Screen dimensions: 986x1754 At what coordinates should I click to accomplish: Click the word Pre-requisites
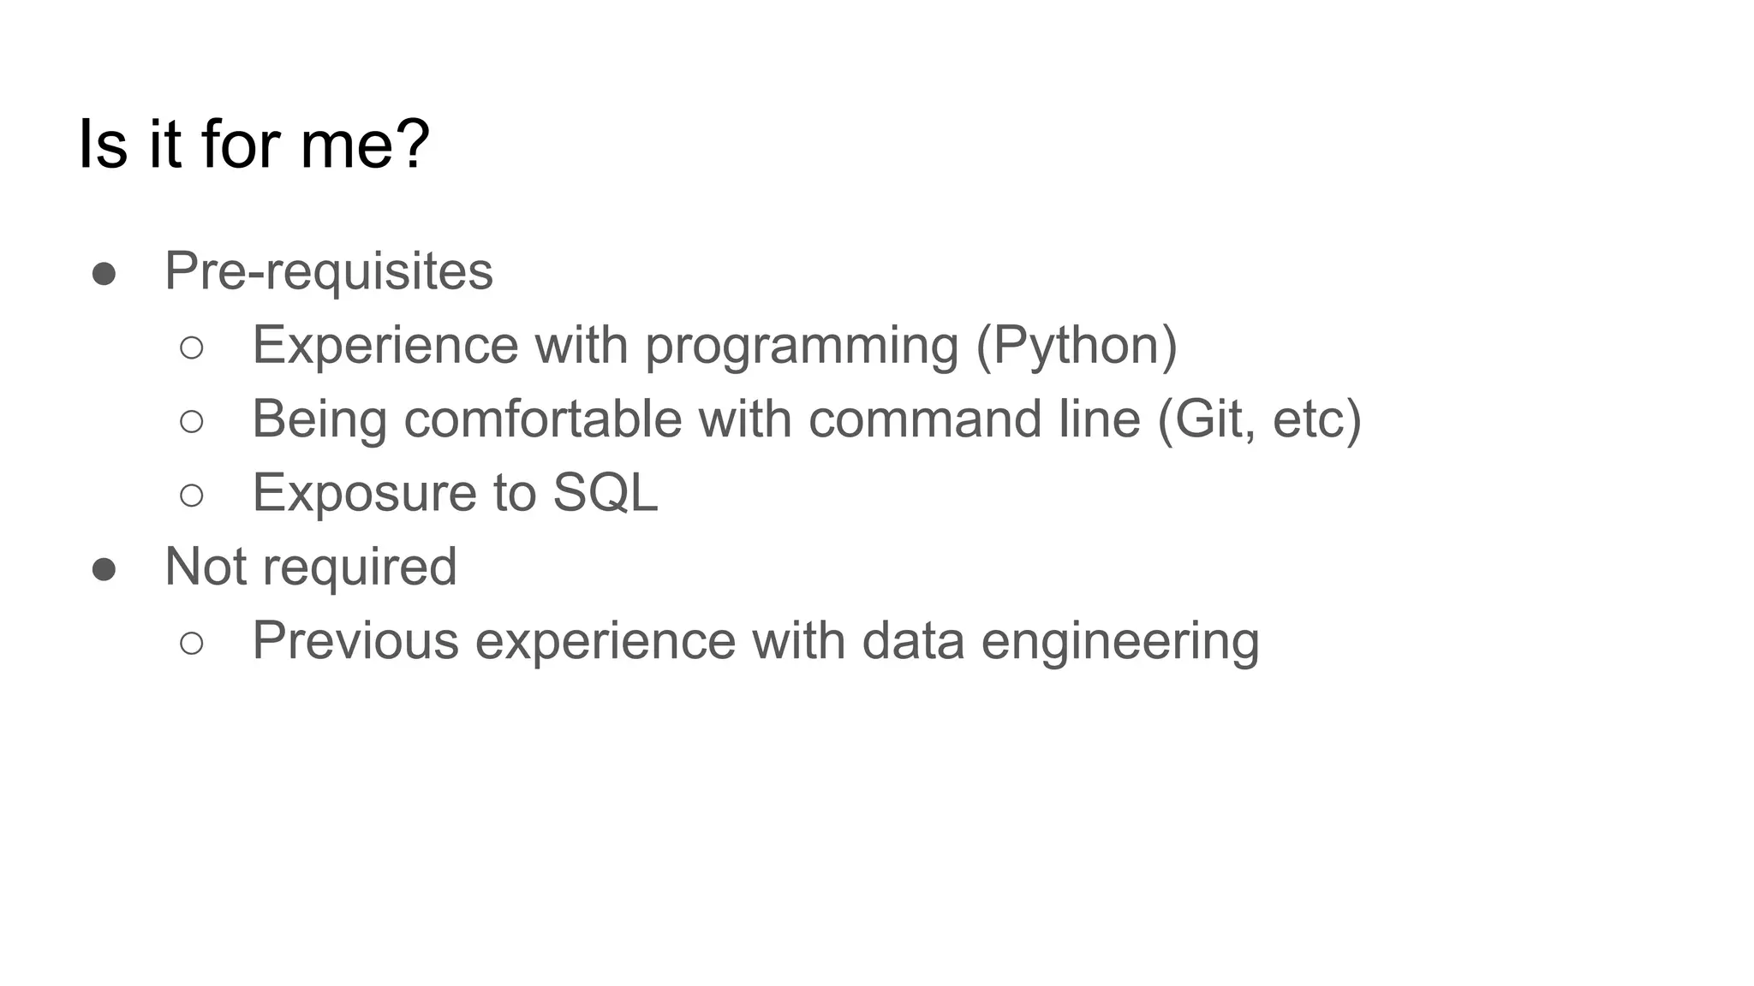click(328, 271)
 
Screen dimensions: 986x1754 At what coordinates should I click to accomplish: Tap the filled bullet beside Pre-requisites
click(104, 274)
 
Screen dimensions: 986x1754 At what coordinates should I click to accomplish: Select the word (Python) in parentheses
click(1077, 346)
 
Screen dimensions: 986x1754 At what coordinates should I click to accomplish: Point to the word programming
click(801, 346)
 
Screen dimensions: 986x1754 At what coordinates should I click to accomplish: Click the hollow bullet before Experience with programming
click(192, 347)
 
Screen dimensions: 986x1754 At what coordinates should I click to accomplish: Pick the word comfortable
click(543, 419)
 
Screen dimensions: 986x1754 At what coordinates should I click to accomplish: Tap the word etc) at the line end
click(1316, 419)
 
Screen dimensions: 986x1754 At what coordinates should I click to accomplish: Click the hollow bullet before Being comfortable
click(192, 421)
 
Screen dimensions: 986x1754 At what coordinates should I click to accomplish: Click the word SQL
click(605, 492)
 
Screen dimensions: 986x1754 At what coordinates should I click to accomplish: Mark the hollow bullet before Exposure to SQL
click(192, 495)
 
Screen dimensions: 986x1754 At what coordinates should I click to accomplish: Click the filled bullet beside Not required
click(104, 569)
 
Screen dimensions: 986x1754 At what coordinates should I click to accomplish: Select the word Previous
click(355, 640)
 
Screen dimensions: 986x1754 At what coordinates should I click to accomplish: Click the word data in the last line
click(912, 640)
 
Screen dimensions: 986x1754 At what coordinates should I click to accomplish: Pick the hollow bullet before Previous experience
click(192, 643)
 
